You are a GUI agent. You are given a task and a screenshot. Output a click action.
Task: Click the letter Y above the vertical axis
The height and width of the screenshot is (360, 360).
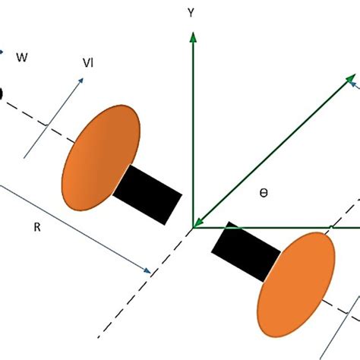pyautogui.click(x=194, y=13)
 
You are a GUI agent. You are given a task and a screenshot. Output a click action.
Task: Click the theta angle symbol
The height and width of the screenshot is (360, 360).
pyautogui.click(x=264, y=194)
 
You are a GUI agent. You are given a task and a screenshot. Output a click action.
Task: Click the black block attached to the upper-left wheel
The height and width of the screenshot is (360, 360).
pyautogui.click(x=148, y=194)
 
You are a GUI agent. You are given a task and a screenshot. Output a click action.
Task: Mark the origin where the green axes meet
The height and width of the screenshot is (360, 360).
pyautogui.click(x=194, y=226)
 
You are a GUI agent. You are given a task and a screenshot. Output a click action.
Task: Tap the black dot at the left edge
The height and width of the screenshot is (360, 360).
pyautogui.click(x=2, y=93)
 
